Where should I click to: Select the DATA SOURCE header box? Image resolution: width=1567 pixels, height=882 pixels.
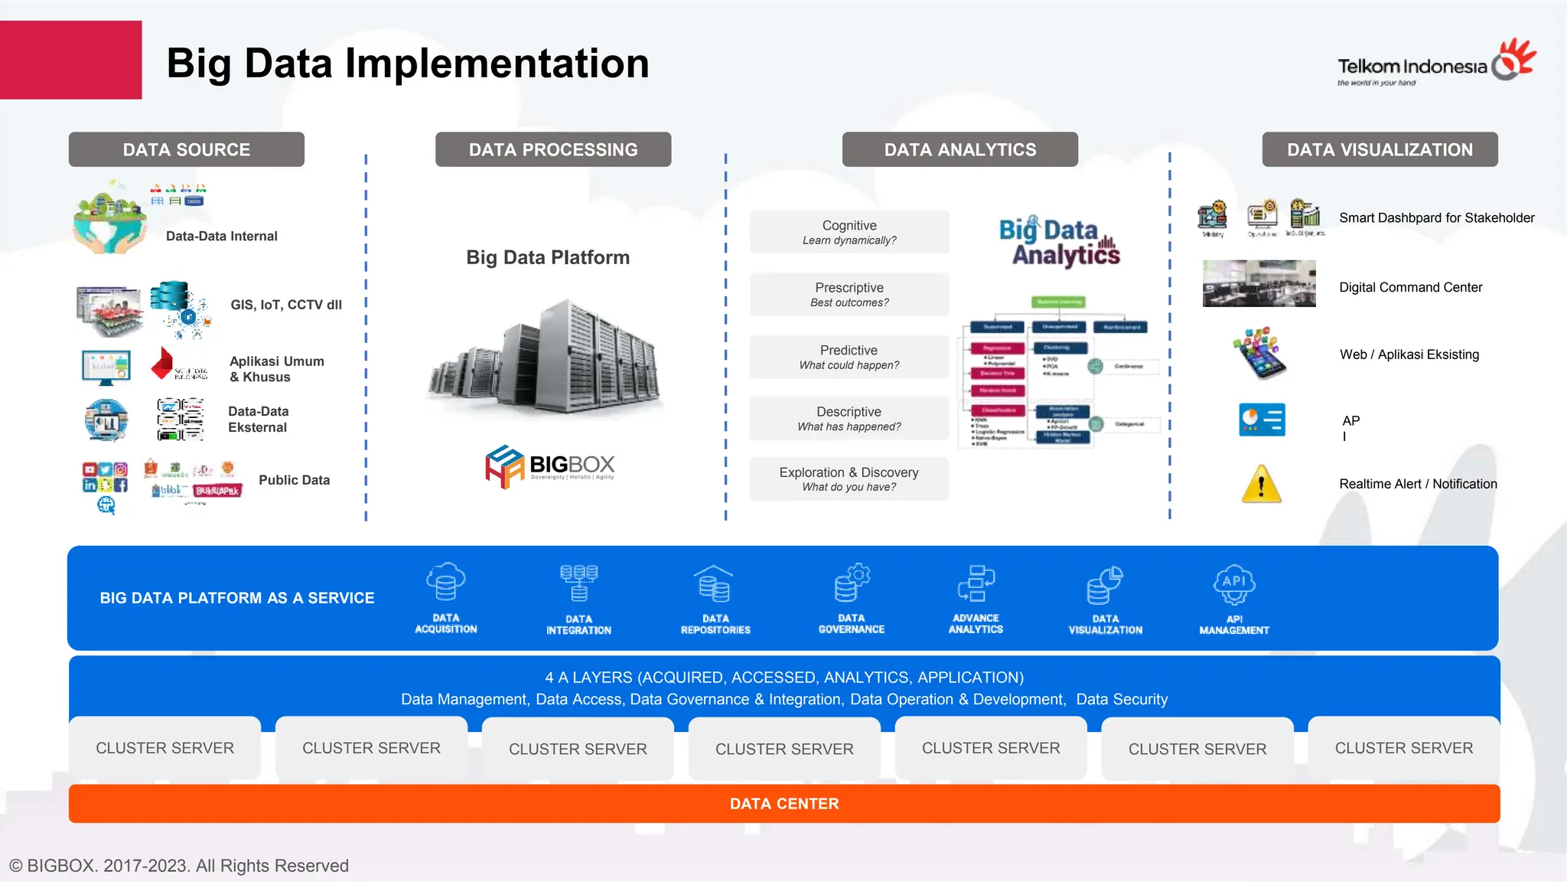[186, 149]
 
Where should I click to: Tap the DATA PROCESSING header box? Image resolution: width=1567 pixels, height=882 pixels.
[552, 149]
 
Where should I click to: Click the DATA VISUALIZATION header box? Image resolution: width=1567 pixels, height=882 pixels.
[1379, 149]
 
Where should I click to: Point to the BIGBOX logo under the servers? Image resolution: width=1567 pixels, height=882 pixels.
[549, 466]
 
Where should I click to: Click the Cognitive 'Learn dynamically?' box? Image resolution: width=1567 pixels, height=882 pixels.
[849, 232]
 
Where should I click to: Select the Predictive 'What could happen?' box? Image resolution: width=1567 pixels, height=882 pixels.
[849, 357]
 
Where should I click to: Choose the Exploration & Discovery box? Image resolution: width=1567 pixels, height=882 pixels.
[849, 479]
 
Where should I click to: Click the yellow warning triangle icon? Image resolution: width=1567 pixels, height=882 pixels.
[1260, 484]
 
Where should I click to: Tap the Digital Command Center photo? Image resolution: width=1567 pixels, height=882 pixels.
[1259, 283]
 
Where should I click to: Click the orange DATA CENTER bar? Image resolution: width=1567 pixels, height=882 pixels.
[783, 803]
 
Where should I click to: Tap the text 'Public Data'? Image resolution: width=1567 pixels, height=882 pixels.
[294, 480]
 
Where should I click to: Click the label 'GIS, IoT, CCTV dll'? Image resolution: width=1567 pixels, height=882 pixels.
[286, 305]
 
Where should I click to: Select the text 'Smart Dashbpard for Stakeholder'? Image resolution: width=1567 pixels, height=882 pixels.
[1436, 218]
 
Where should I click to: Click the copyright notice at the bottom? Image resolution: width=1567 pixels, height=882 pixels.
[178, 866]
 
